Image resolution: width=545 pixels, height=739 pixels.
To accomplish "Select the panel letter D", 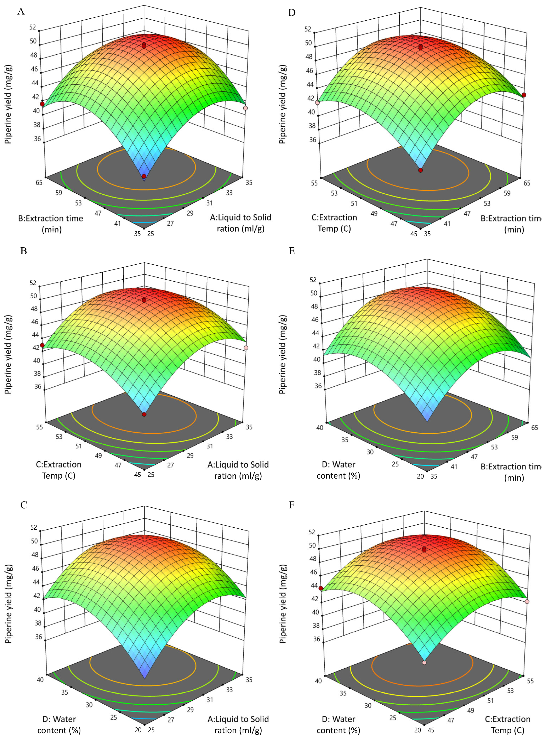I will tap(292, 13).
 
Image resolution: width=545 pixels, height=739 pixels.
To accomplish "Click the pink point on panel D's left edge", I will tap(317, 102).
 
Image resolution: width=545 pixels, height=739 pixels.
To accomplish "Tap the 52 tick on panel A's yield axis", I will tap(33, 27).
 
